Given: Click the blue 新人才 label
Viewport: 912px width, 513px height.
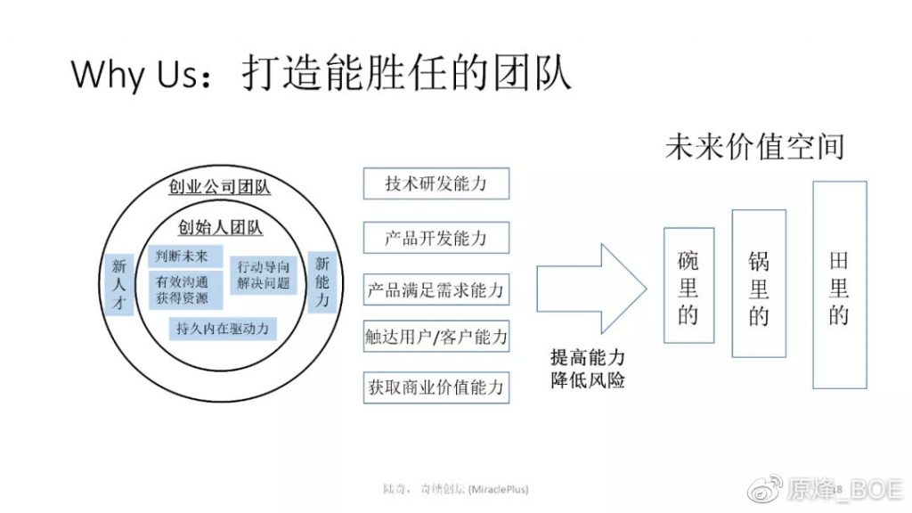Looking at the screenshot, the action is coord(119,284).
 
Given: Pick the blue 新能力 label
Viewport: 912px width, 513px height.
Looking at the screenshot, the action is coord(322,282).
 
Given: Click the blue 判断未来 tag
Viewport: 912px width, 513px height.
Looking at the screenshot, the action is coord(185,256).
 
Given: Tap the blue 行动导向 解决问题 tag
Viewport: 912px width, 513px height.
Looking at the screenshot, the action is coord(264,275).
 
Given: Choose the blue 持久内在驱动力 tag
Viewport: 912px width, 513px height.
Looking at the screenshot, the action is coord(223,329).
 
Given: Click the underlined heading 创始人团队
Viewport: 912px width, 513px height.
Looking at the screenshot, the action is coord(220,228).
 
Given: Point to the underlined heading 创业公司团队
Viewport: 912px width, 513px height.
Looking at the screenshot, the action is coord(219,187).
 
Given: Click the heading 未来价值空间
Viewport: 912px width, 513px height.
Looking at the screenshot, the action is coord(754,147).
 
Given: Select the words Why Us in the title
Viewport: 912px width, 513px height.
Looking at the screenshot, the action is coord(135,75).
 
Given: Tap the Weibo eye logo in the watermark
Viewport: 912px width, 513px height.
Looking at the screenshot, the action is coord(764,489).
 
